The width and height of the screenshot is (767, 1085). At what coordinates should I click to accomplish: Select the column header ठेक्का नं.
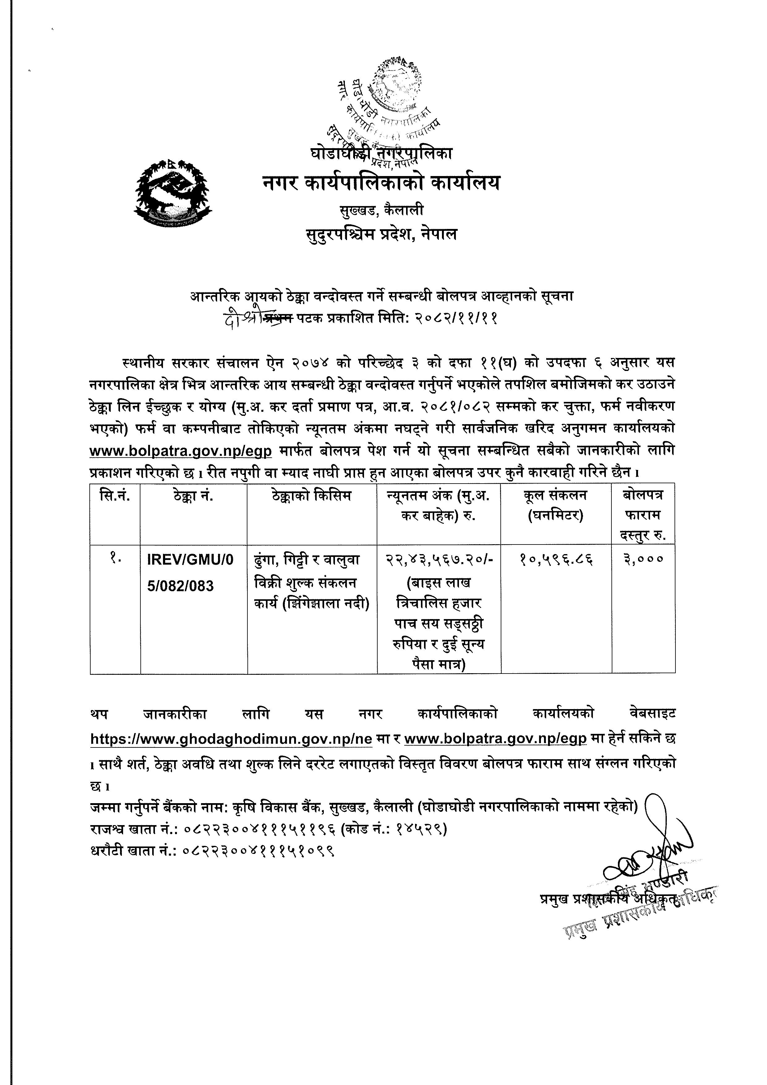(x=193, y=497)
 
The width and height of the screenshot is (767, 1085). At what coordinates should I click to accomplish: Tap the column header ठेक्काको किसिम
(x=312, y=497)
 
